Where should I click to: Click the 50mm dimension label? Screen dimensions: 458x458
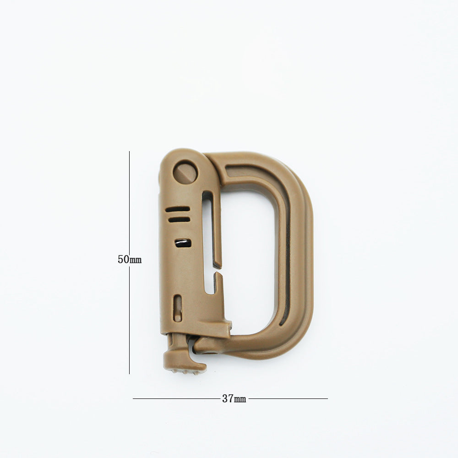tap(130, 259)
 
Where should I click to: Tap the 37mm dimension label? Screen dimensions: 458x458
tap(234, 398)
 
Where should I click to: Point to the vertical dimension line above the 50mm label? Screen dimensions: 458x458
tap(130, 202)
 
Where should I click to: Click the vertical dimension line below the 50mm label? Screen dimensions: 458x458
tap(130, 319)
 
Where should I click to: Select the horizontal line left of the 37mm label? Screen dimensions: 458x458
tap(177, 398)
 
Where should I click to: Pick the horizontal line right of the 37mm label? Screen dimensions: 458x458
tap(288, 398)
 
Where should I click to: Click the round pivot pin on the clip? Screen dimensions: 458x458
tap(185, 172)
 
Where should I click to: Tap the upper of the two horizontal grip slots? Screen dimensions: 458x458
tap(178, 209)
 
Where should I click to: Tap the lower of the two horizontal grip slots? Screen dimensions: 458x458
tap(179, 219)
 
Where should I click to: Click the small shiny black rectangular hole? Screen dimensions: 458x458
tap(183, 243)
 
